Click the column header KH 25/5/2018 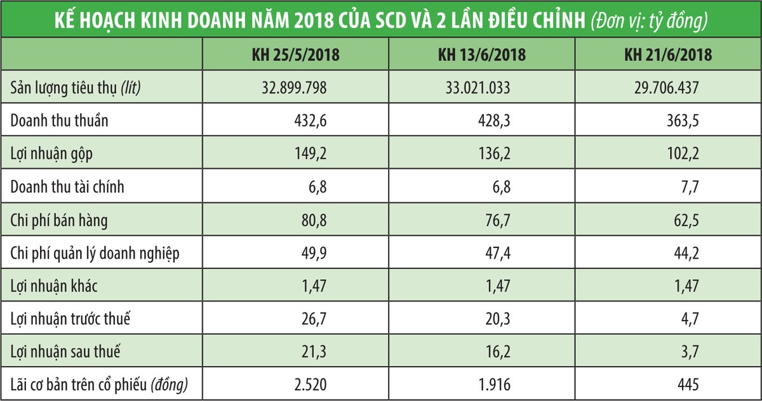[x=296, y=55]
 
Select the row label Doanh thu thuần [x=60, y=121]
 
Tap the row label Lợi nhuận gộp [x=51, y=154]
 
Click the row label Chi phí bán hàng [x=60, y=220]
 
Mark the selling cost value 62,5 [x=686, y=220]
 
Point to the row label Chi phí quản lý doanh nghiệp [x=95, y=253]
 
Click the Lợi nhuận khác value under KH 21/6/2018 [x=686, y=286]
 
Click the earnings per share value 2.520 [x=310, y=385]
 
